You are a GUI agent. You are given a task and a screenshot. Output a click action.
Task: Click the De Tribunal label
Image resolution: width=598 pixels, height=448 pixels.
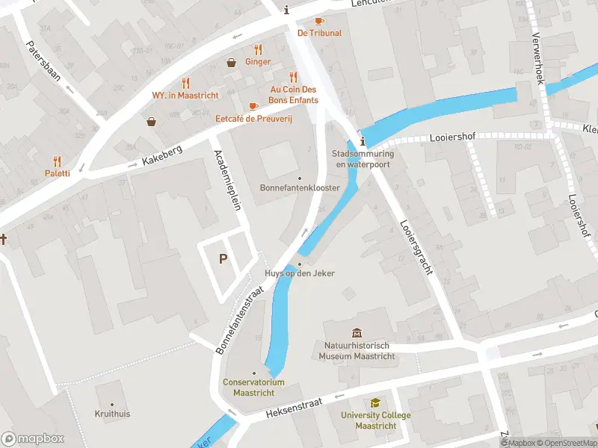click(319, 33)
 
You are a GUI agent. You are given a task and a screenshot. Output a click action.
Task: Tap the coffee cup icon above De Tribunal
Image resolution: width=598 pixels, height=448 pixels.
click(319, 21)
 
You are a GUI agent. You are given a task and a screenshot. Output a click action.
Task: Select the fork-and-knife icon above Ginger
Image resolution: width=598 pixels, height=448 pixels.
click(258, 50)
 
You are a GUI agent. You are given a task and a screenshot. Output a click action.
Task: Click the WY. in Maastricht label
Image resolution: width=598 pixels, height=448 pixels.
click(185, 96)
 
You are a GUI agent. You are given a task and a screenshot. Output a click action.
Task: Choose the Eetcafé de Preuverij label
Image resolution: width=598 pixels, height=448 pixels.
click(253, 119)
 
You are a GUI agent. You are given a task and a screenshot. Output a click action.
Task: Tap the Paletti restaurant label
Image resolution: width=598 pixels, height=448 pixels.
click(58, 173)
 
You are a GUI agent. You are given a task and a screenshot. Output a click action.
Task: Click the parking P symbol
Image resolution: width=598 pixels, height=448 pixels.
click(223, 259)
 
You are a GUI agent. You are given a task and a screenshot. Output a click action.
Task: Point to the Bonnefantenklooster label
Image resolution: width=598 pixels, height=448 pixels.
click(299, 187)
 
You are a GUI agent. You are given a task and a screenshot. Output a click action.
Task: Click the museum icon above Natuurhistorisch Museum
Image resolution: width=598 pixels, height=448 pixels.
click(357, 333)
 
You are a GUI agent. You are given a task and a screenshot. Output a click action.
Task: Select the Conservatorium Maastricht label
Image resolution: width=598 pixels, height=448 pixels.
click(253, 387)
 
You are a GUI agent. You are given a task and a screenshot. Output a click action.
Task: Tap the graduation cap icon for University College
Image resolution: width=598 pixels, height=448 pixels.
click(374, 404)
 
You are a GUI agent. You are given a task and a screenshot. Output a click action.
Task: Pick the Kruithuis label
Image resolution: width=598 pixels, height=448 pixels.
click(112, 413)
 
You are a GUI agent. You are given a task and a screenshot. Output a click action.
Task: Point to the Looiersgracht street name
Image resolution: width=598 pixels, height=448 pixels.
click(416, 247)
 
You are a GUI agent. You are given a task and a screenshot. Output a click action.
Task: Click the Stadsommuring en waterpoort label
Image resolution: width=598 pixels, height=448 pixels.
click(363, 158)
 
